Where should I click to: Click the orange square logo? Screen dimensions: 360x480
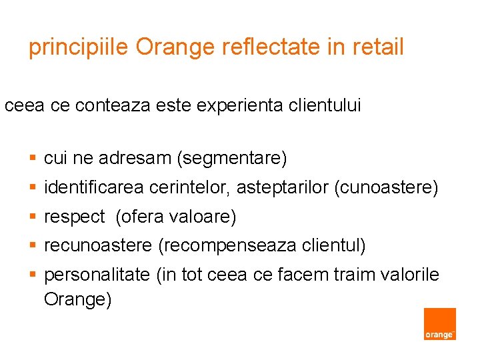440,324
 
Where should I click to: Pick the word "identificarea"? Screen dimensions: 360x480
93,189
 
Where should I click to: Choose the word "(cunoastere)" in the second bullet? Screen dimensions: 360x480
386,189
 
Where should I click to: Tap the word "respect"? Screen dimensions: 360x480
74,217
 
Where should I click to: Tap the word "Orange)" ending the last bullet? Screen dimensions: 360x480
78,300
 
